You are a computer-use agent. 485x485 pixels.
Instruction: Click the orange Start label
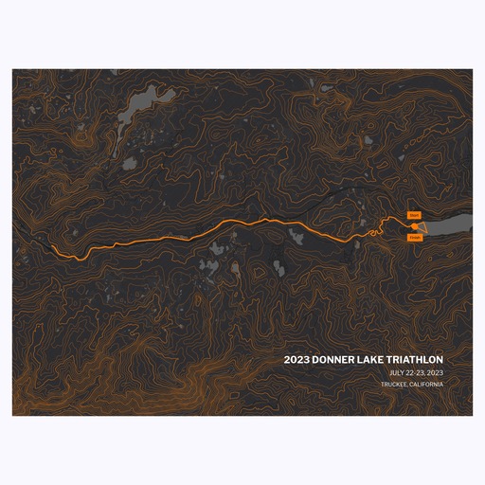point(414,216)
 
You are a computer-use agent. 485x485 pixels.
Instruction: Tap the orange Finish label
point(414,238)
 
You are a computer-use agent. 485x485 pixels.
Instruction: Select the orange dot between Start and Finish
point(414,227)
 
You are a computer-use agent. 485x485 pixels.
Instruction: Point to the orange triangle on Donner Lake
point(422,227)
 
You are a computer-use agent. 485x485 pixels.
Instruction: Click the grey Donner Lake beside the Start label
point(450,225)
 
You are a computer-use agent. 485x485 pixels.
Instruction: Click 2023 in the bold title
point(296,360)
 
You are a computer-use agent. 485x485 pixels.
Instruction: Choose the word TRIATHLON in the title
point(418,360)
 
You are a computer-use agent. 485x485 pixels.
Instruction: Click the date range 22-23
point(418,373)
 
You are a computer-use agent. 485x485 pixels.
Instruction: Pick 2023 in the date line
point(436,373)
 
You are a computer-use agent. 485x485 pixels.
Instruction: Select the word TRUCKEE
point(397,385)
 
